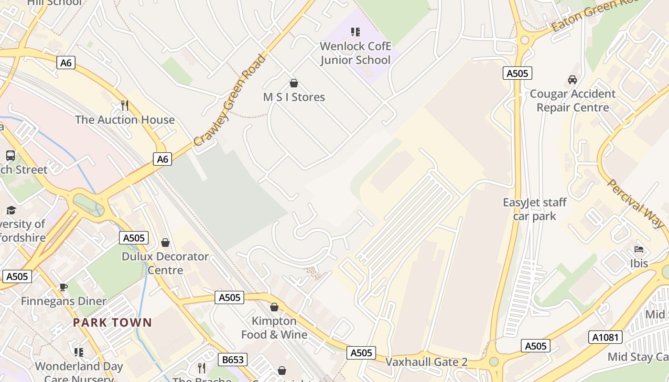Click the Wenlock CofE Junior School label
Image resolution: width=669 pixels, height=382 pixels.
355,53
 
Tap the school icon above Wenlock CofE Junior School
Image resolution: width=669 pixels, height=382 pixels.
355,32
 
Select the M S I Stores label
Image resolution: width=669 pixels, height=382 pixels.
294,97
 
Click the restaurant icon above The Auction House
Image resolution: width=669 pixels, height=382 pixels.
125,105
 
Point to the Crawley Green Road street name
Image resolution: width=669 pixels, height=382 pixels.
230,101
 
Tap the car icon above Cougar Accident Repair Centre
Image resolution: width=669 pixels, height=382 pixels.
572,79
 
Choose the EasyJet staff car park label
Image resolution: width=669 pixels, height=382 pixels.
534,209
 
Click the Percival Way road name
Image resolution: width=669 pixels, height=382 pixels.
636,203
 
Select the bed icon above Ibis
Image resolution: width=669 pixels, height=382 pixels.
639,249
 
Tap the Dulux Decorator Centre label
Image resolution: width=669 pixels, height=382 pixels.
165,263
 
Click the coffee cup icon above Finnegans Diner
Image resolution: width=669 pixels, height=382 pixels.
63,287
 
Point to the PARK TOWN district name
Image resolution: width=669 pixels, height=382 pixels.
112,323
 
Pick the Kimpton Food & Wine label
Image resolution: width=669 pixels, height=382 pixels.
274,328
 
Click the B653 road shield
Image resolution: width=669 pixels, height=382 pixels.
233,360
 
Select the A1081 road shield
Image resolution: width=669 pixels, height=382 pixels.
605,337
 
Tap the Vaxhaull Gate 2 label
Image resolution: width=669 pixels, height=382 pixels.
426,362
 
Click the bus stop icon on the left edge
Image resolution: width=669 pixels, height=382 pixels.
10,155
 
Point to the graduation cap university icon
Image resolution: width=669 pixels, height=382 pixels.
11,211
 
